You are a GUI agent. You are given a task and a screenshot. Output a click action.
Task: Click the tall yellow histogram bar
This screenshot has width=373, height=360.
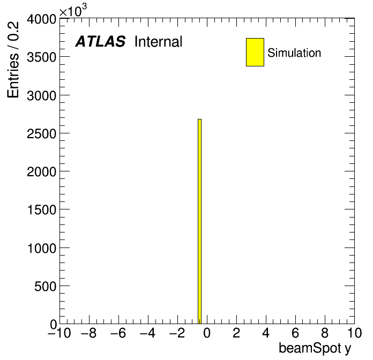coord(199,221)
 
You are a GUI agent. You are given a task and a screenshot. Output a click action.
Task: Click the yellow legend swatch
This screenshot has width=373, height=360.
coord(255,52)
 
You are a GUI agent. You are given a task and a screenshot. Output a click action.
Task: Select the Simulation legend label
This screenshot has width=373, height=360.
coord(294,53)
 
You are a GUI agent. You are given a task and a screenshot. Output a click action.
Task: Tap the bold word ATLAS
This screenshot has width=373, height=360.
coord(100,41)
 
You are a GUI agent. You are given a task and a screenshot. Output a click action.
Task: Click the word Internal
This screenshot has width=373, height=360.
coord(159,42)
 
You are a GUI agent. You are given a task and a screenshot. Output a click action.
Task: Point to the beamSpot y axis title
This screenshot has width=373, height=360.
coord(315,349)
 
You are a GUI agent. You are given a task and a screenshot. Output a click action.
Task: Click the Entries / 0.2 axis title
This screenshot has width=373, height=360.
coord(13,59)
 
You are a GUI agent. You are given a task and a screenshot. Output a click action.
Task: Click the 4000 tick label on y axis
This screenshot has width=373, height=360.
coord(41,19)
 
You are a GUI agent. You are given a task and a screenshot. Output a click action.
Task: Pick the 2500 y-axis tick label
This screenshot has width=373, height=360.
coord(41,134)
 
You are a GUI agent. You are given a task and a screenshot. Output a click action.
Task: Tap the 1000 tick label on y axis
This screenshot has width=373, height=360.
coord(42,249)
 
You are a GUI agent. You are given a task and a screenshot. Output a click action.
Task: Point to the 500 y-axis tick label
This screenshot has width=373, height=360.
coord(45,287)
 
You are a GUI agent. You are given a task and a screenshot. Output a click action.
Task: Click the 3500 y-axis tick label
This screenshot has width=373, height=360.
coord(41,57)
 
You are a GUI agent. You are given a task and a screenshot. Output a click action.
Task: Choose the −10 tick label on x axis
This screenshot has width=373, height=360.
coord(59,333)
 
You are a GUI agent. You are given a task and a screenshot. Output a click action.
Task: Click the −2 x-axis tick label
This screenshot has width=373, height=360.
coord(177,333)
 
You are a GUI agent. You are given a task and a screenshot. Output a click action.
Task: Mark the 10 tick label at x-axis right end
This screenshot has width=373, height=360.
coord(354,333)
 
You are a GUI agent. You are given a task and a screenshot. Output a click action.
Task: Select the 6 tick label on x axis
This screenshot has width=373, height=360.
coord(295,333)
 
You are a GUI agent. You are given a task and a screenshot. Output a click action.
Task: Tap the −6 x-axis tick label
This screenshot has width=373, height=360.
coord(118,333)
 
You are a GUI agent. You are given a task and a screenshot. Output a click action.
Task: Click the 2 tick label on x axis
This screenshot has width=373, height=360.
coord(236,333)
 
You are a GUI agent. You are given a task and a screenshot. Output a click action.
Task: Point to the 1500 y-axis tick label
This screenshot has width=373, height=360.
coord(42,210)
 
